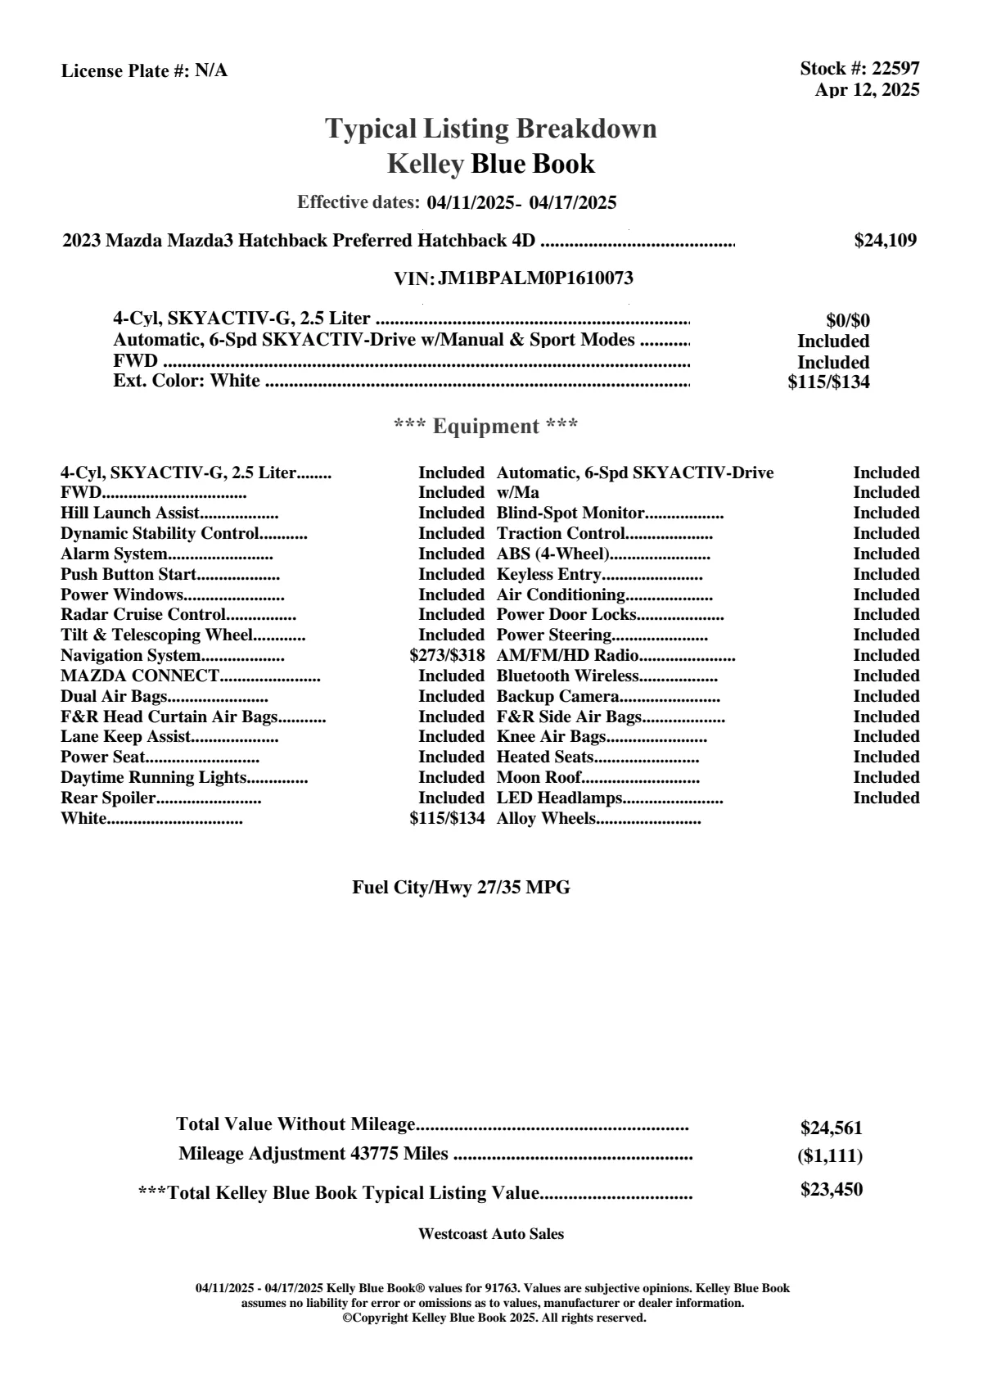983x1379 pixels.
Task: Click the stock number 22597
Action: point(895,69)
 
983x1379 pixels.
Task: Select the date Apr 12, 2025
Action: point(867,90)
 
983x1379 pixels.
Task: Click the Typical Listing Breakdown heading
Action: point(491,129)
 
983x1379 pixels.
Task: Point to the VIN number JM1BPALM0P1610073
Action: point(535,278)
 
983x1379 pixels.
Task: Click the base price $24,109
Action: point(885,241)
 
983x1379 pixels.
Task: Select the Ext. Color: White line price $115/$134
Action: point(828,382)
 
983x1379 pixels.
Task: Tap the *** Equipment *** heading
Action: point(486,427)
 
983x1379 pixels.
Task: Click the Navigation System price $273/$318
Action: point(447,656)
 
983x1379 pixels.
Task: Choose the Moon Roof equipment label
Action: point(539,778)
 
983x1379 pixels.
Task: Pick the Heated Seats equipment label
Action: point(545,757)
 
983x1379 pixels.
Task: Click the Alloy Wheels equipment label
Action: point(546,819)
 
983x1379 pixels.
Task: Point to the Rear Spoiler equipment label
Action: point(108,798)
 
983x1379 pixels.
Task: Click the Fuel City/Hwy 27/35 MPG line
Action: point(461,888)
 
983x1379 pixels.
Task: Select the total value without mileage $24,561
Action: point(831,1128)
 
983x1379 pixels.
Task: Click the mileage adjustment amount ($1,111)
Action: point(830,1156)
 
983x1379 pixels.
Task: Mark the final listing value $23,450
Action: point(831,1190)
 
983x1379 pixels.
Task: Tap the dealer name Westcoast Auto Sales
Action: point(490,1234)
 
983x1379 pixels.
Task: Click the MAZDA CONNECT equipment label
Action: point(140,676)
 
